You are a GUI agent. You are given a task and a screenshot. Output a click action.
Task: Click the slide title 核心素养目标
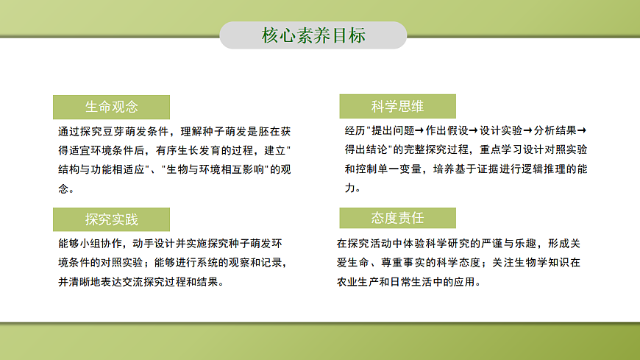pos(313,35)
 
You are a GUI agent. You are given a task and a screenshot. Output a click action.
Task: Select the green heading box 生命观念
pos(111,107)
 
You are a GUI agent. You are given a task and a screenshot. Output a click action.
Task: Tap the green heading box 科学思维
pos(397,107)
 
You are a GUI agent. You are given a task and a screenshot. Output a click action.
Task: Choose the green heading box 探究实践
pos(111,219)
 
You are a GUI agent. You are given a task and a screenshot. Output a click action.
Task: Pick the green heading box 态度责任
pos(397,219)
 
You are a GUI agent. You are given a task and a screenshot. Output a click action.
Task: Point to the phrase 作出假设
pos(447,130)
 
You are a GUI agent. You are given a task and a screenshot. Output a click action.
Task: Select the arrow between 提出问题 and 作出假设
pos(419,130)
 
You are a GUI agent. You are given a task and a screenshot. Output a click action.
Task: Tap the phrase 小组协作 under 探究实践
pos(101,243)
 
